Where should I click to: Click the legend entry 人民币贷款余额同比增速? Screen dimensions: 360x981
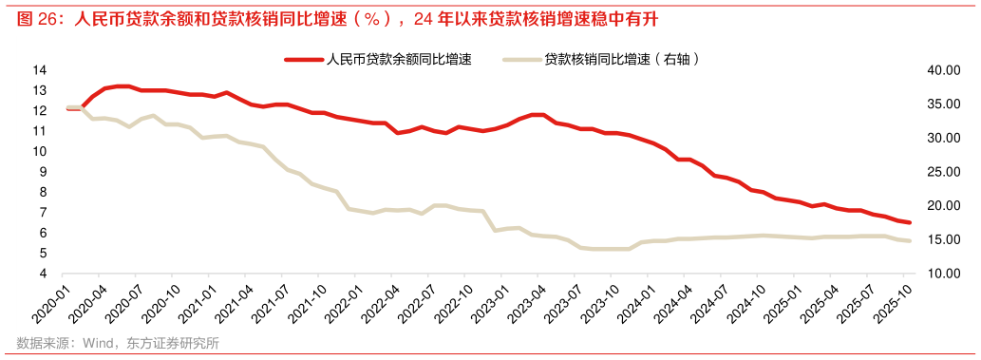tap(399, 60)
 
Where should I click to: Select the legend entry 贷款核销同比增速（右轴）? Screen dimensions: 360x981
tap(623, 60)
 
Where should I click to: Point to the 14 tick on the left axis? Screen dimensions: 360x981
tap(40, 70)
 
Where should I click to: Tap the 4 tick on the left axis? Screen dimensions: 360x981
tap(43, 274)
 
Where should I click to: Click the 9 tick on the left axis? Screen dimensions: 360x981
tap(43, 172)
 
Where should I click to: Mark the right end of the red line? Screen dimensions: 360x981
tap(909, 222)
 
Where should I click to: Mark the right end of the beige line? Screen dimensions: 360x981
tap(909, 240)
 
